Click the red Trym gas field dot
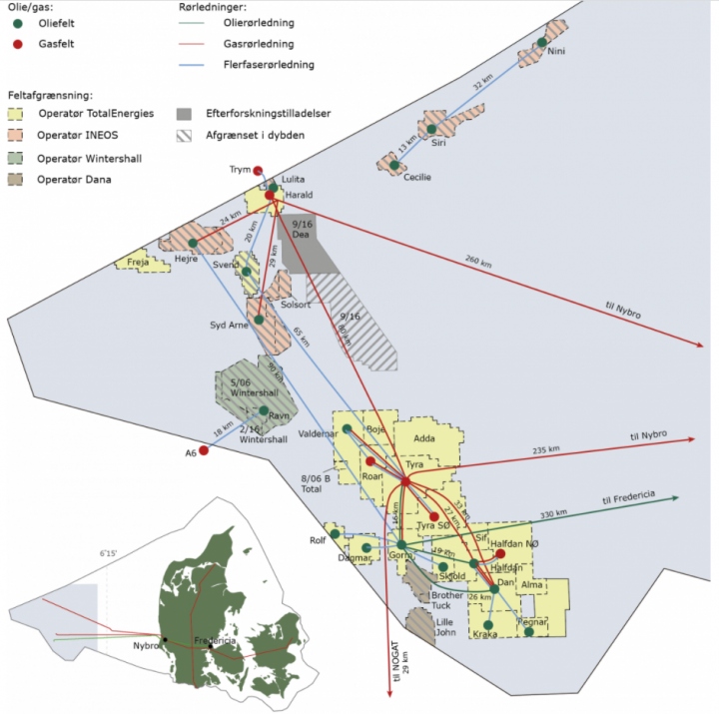tap(258, 170)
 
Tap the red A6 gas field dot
tap(204, 450)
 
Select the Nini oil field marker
tap(541, 42)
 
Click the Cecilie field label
tap(416, 178)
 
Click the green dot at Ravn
tap(264, 410)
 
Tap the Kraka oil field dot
tap(488, 625)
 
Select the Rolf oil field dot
tap(336, 533)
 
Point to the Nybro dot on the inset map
tap(165, 639)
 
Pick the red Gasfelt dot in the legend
tap(18, 45)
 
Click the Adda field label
tap(424, 438)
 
